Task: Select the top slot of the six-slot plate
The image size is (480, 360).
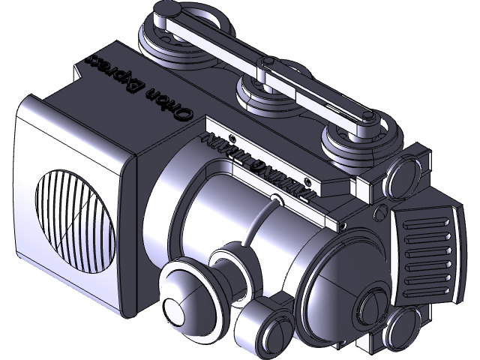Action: click(430, 225)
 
